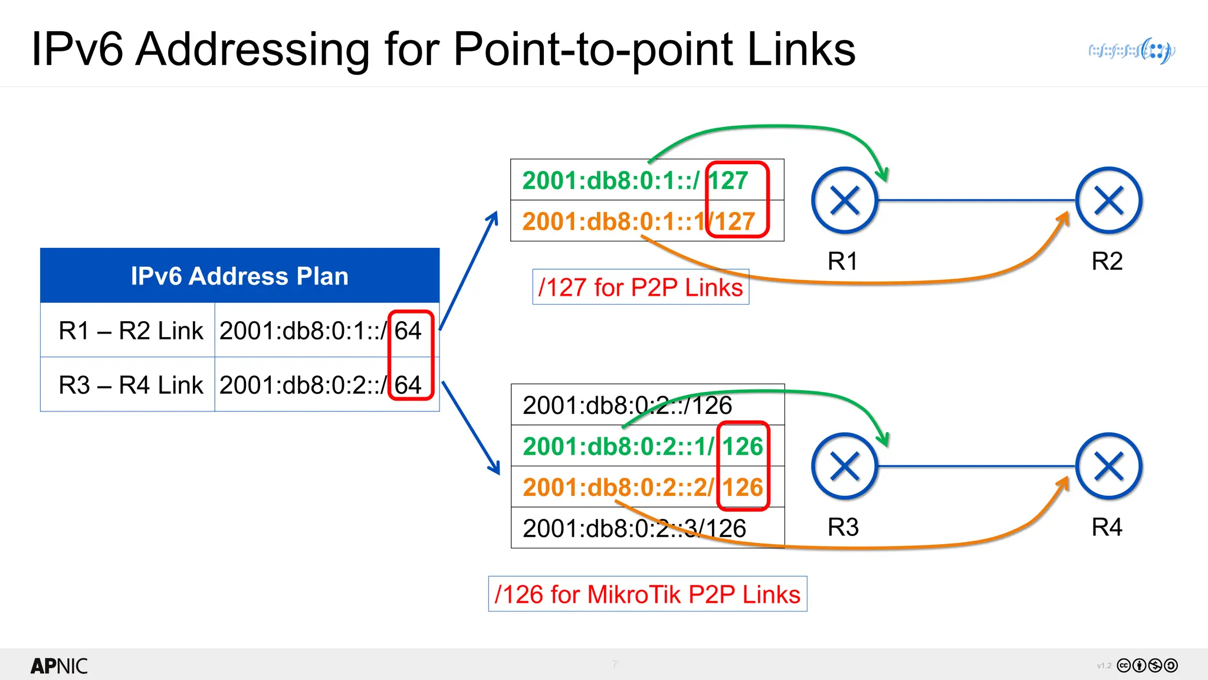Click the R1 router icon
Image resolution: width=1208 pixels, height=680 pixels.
[845, 201]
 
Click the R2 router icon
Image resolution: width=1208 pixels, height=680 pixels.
[1108, 201]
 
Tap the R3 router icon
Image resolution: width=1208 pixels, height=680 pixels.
[845, 467]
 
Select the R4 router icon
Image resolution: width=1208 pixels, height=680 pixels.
[1108, 467]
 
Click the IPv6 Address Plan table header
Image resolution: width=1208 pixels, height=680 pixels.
[239, 276]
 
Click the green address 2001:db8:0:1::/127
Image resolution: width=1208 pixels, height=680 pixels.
[635, 180]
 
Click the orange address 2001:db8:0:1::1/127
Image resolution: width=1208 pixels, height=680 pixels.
[638, 221]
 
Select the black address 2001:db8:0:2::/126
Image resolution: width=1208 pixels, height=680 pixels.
[627, 406]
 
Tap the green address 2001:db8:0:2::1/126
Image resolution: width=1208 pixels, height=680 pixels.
[642, 446]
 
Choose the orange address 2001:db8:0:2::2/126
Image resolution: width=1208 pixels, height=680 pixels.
[642, 488]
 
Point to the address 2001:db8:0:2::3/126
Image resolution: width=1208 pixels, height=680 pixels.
[634, 528]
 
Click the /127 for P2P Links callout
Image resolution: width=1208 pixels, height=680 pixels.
[641, 287]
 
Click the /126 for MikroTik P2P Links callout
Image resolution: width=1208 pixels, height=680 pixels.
[648, 594]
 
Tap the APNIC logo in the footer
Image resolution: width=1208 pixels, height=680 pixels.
[59, 666]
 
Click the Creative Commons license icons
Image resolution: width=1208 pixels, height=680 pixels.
[1147, 666]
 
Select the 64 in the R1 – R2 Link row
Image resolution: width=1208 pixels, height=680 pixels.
[408, 331]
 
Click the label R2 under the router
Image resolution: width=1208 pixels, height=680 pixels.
[1107, 261]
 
